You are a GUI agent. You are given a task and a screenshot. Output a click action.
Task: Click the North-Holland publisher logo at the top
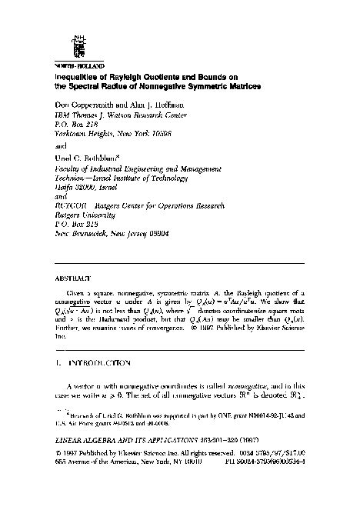tap(75, 45)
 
